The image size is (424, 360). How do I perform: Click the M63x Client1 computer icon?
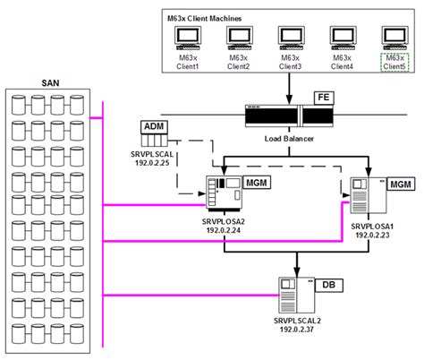(187, 37)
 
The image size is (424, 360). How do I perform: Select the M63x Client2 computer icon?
(239, 37)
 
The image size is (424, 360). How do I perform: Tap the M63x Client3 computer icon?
(291, 37)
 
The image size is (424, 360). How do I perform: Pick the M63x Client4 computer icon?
(343, 37)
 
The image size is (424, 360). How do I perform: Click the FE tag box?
(323, 96)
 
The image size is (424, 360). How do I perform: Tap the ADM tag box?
(155, 126)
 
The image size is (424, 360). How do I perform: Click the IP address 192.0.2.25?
(155, 164)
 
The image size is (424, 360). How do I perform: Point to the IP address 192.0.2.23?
(371, 235)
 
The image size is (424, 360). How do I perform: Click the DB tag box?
(328, 285)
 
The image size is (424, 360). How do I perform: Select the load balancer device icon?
(275, 116)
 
